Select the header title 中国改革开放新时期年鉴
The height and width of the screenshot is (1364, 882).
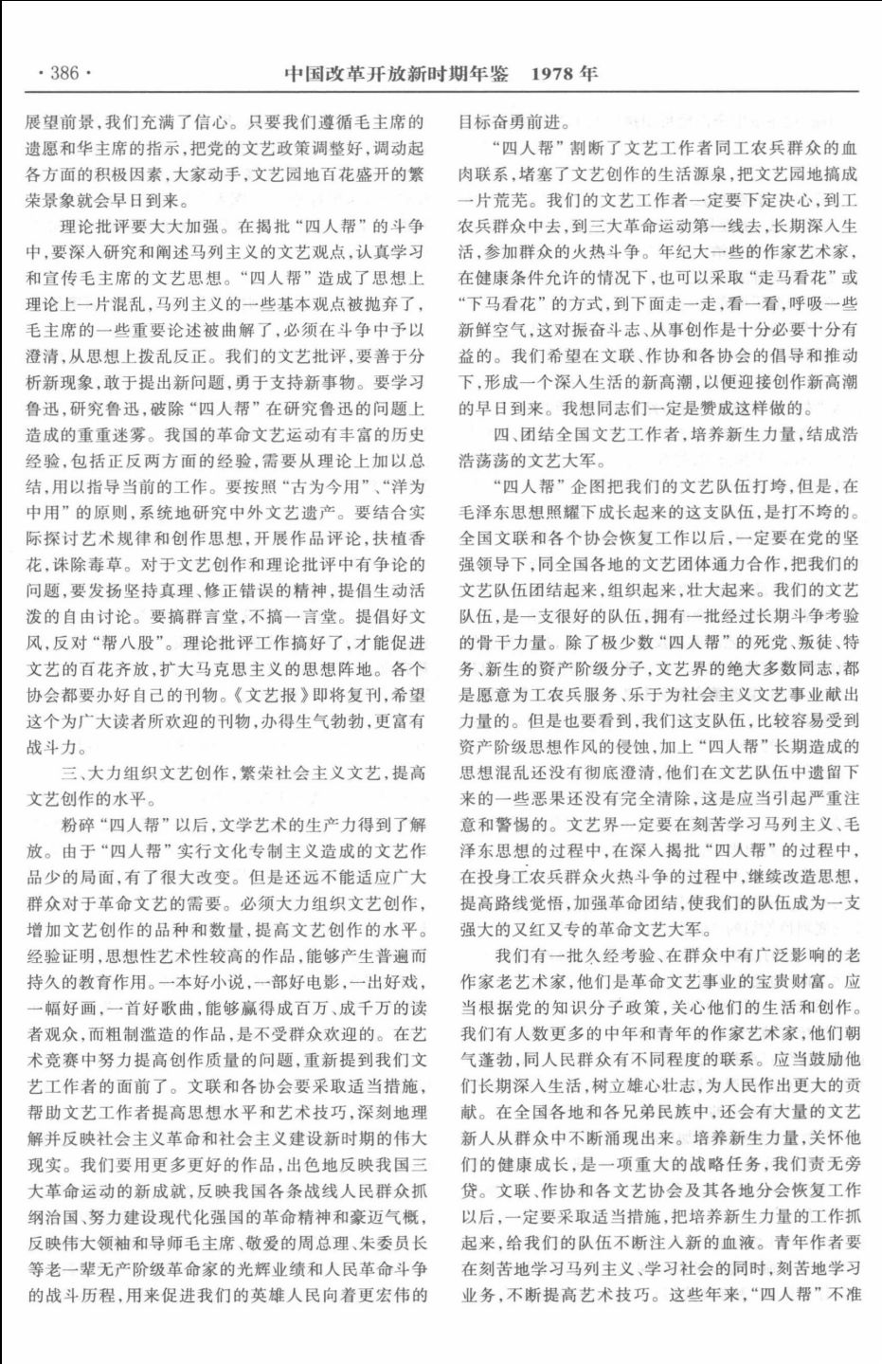pyautogui.click(x=396, y=73)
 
